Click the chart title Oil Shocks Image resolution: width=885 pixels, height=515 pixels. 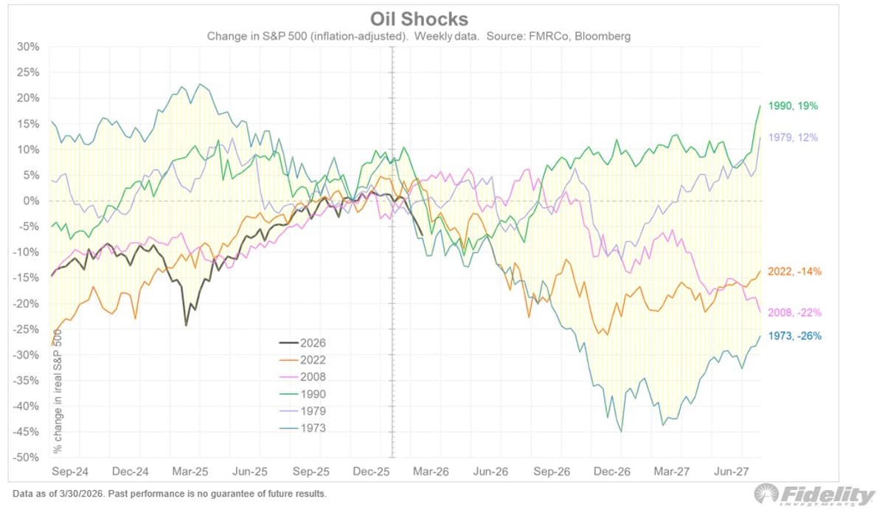click(x=419, y=18)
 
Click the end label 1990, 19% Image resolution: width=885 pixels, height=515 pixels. click(x=793, y=106)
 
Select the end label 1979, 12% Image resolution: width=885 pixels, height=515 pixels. click(x=793, y=138)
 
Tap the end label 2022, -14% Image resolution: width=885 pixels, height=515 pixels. click(x=795, y=272)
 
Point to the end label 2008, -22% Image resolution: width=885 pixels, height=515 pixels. click(x=795, y=312)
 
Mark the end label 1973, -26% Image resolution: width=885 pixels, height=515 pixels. click(x=795, y=336)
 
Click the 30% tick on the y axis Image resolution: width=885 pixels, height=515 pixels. click(x=28, y=46)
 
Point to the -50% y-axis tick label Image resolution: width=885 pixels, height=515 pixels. click(x=27, y=457)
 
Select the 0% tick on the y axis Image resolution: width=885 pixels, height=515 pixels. click(x=31, y=201)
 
